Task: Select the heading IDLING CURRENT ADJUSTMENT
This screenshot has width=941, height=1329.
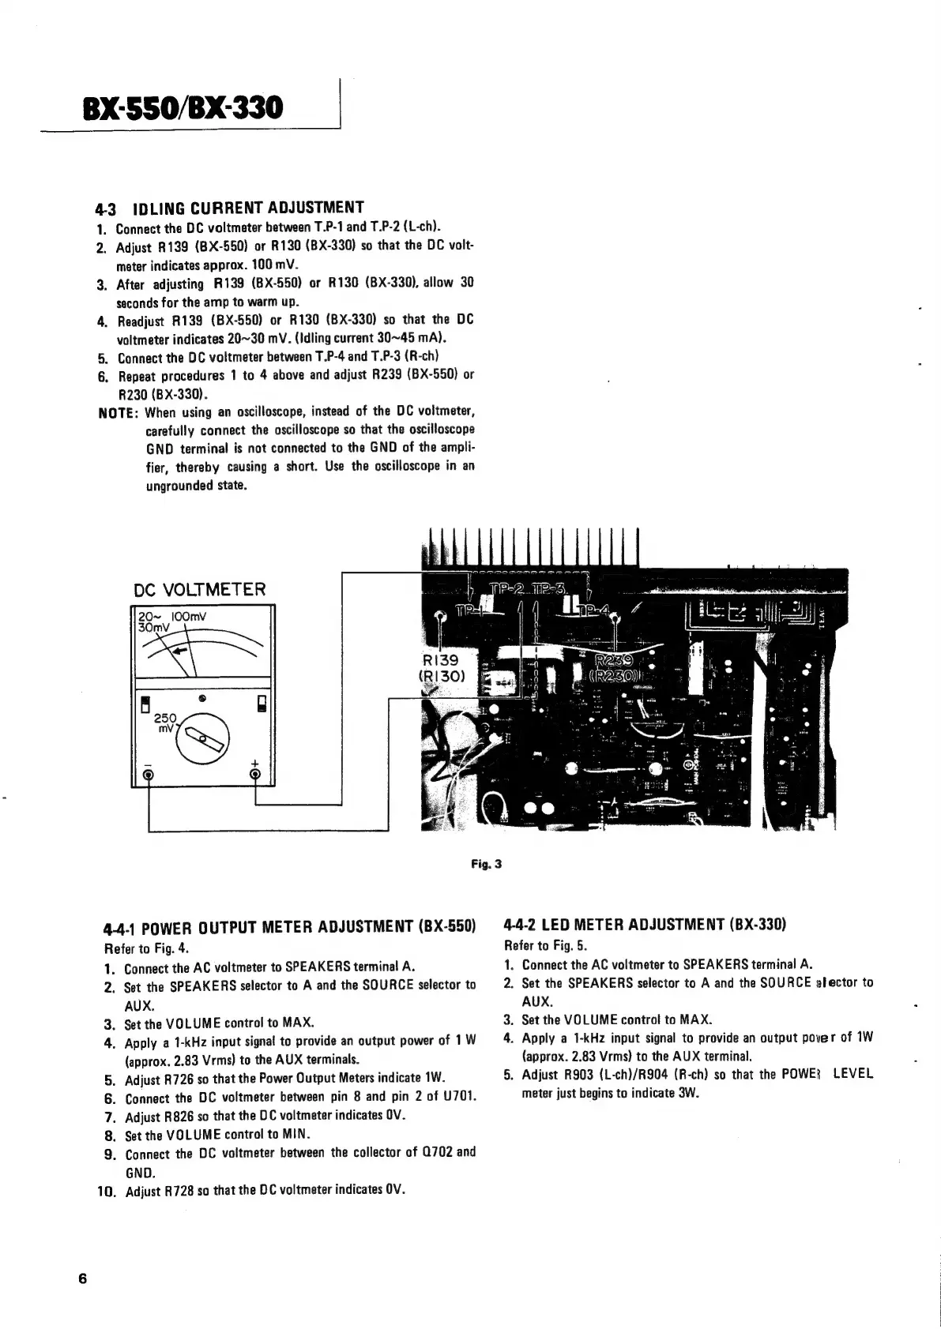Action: tap(247, 208)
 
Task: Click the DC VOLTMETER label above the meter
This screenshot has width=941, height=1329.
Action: tap(200, 589)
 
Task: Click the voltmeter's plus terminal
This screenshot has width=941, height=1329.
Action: tap(254, 773)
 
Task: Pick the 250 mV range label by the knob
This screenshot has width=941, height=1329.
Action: tap(165, 723)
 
